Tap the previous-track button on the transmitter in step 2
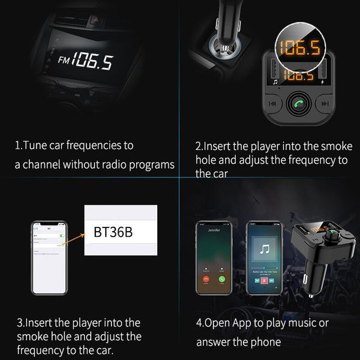pyautogui.click(x=272, y=104)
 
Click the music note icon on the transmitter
pyautogui.click(x=274, y=82)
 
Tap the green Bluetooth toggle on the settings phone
pyautogui.click(x=59, y=236)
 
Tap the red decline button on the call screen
pyautogui.click(x=206, y=279)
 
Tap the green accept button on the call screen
pyautogui.click(x=222, y=279)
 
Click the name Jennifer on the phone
pyautogui.click(x=214, y=230)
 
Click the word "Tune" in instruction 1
pyautogui.click(x=34, y=146)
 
